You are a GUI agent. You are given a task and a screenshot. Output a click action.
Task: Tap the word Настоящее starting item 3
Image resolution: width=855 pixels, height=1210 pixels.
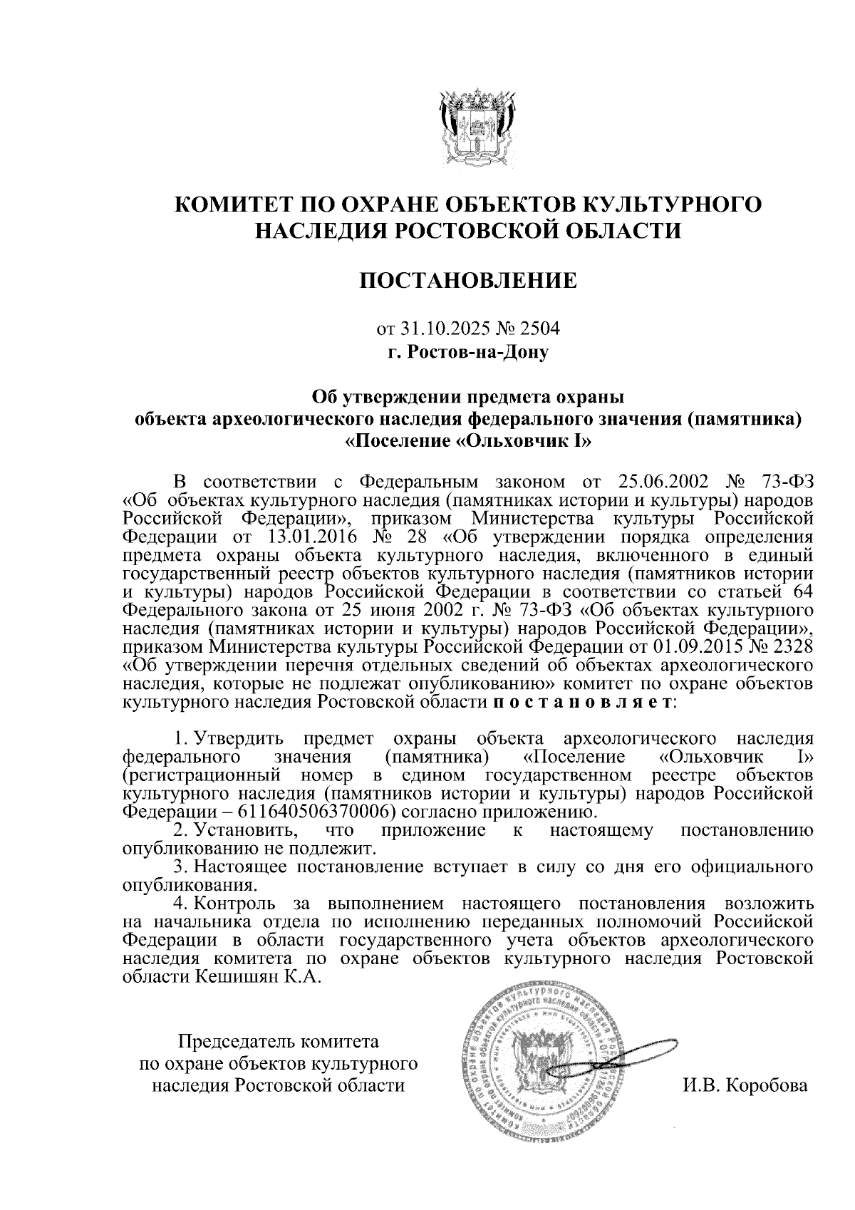(239, 867)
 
